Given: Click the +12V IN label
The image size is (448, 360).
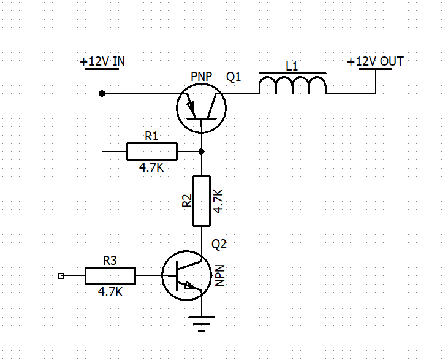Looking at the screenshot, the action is click(x=102, y=61).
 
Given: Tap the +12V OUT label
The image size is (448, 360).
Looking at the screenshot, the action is click(x=375, y=61).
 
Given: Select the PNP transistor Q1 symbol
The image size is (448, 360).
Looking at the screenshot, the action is click(x=202, y=108).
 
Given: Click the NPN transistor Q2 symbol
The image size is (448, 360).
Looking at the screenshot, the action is click(x=186, y=275).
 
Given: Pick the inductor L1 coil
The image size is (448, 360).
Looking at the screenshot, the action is click(x=292, y=85).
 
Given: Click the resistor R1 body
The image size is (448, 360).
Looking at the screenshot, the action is click(x=152, y=151).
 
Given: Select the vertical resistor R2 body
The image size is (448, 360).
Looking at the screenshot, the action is click(x=202, y=201).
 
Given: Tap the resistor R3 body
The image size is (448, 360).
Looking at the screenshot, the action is click(x=110, y=276).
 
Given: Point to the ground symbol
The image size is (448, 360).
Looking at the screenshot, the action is click(x=202, y=324).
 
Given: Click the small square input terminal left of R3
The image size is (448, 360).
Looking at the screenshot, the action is click(x=61, y=276).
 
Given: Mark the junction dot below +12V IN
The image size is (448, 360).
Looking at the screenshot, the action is click(x=102, y=93).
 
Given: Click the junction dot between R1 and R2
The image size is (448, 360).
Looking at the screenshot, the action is click(x=202, y=151).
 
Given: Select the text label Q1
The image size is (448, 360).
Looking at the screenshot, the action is click(x=233, y=77).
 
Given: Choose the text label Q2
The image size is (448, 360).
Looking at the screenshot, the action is click(x=219, y=244).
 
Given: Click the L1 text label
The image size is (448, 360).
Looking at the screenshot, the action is click(x=292, y=66).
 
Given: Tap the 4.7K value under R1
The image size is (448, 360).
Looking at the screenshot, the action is click(x=151, y=167).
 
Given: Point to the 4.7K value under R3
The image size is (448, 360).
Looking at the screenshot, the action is click(x=110, y=293).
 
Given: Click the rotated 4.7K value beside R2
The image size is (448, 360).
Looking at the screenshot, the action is click(x=218, y=201).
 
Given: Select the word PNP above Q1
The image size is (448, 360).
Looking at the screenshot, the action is click(x=202, y=77).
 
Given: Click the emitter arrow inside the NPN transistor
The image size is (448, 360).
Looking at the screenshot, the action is click(x=189, y=285).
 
